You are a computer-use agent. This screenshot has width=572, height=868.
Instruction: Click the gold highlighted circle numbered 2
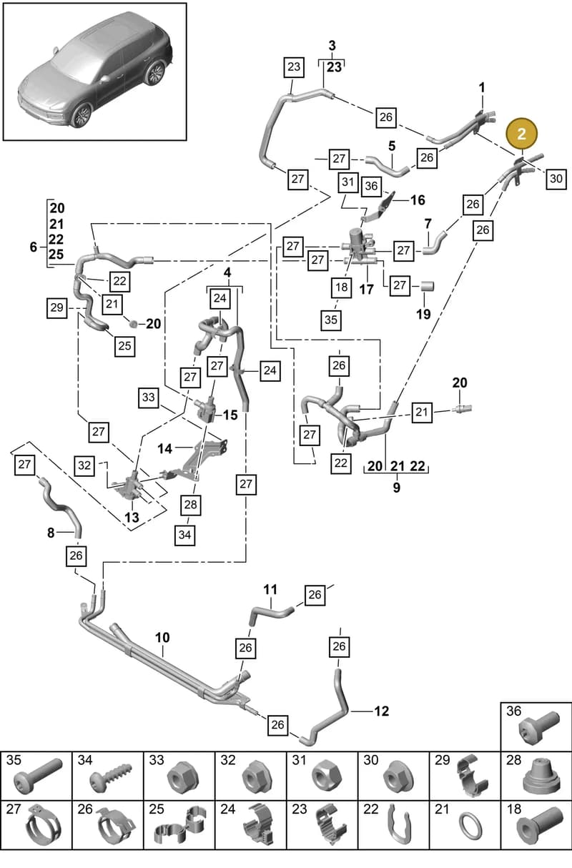click(x=522, y=134)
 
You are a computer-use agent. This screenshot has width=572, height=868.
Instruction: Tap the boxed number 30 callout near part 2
click(x=556, y=179)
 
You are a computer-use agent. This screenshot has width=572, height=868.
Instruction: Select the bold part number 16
click(x=418, y=200)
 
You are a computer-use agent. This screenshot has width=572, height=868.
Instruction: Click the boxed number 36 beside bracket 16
click(x=371, y=186)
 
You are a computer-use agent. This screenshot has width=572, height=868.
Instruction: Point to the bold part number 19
click(x=423, y=314)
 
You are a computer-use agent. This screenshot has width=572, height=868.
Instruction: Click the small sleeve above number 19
click(x=428, y=287)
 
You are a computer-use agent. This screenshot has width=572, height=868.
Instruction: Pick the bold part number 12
click(x=382, y=711)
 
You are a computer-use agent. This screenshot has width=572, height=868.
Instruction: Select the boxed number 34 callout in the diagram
click(x=184, y=535)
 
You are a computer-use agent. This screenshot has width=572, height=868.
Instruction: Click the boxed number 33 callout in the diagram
click(x=149, y=398)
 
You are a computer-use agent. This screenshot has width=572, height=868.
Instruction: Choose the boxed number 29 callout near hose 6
click(x=56, y=307)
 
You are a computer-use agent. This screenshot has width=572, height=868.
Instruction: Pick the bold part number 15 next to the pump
click(x=230, y=415)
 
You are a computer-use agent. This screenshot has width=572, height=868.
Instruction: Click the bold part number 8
click(x=51, y=533)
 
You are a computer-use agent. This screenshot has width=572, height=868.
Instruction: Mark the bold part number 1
click(x=482, y=87)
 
